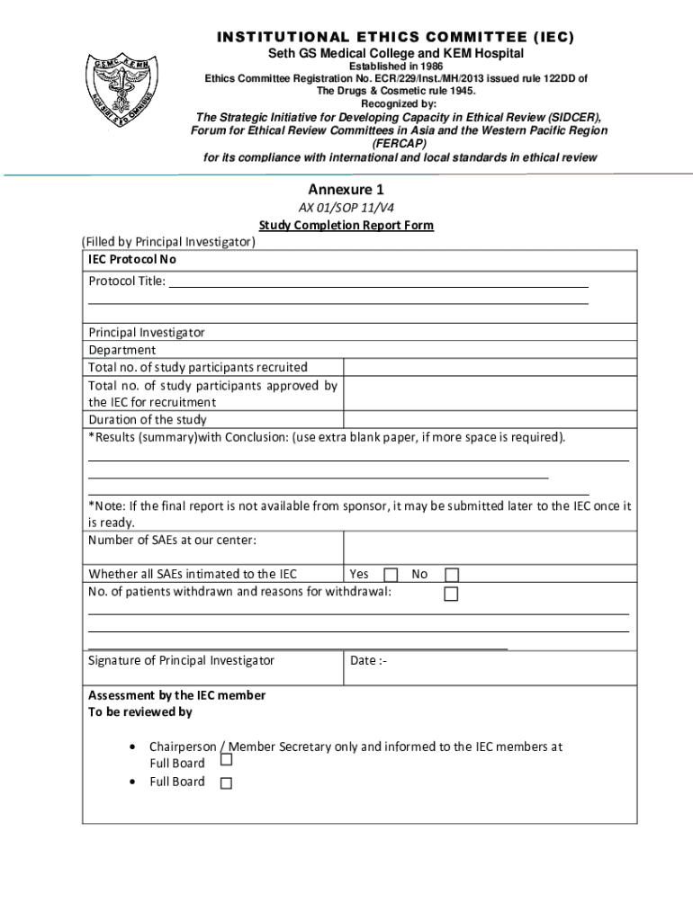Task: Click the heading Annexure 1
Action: [346, 190]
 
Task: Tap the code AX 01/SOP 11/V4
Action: [346, 208]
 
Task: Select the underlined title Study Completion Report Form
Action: [346, 225]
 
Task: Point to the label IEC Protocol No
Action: [132, 259]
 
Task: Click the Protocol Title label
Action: [127, 281]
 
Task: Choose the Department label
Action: [121, 349]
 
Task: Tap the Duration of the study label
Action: [148, 419]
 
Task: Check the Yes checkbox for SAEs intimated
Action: [391, 575]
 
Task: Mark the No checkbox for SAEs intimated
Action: [452, 575]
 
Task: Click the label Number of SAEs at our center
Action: [172, 540]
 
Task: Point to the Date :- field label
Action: [368, 660]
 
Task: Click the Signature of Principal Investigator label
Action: [181, 660]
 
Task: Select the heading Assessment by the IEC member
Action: [176, 694]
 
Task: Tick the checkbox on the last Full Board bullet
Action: [226, 782]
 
